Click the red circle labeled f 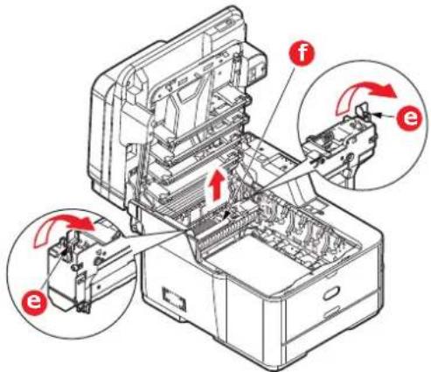coord(302,54)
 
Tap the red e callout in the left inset coord(34,301)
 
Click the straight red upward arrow coord(216,185)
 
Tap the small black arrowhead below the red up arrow coord(227,215)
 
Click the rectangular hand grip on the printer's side coord(174,298)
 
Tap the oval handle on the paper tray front coord(331,292)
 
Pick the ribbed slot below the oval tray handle coord(330,312)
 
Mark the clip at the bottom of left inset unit coord(82,307)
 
